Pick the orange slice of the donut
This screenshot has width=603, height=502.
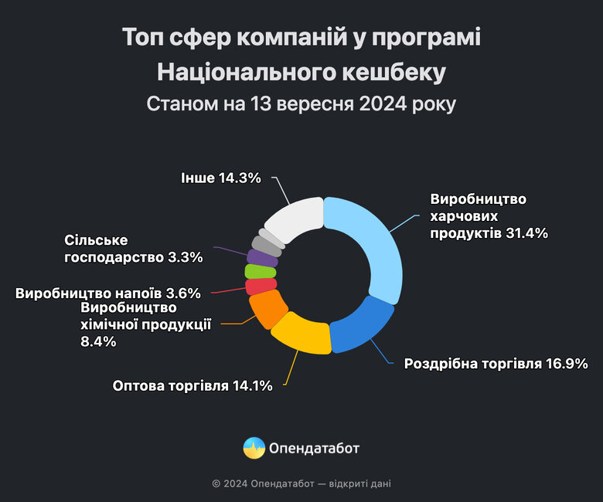[265, 309]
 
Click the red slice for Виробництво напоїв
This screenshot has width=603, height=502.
[255, 287]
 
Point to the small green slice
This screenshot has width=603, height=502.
[255, 271]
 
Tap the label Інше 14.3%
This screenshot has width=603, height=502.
[220, 178]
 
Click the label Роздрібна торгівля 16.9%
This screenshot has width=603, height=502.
[496, 363]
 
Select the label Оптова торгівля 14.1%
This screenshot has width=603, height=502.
[192, 385]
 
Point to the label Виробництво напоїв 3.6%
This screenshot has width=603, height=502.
[108, 293]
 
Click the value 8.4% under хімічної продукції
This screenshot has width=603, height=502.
[98, 341]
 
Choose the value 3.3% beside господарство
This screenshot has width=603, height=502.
[186, 257]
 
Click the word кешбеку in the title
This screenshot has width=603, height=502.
[395, 72]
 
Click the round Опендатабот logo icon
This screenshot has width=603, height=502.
[254, 447]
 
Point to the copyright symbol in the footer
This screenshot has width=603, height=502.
[216, 484]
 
